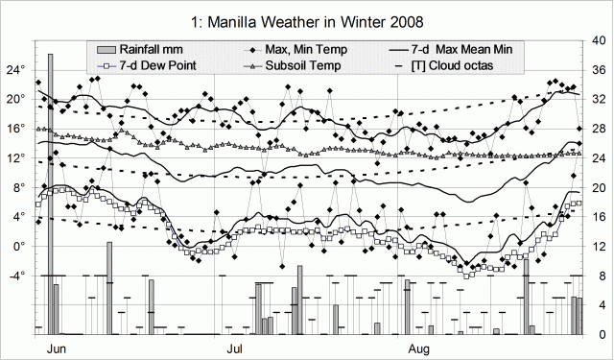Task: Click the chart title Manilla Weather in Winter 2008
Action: coord(307,18)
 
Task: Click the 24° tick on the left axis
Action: coord(15,70)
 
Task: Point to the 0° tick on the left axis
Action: coord(19,247)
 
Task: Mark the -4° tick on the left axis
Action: coord(16,276)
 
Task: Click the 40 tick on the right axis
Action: coord(598,40)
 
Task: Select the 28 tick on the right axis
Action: coord(598,129)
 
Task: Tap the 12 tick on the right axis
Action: coord(598,247)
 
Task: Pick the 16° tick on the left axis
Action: coord(15,129)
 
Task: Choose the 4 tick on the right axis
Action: coord(598,305)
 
